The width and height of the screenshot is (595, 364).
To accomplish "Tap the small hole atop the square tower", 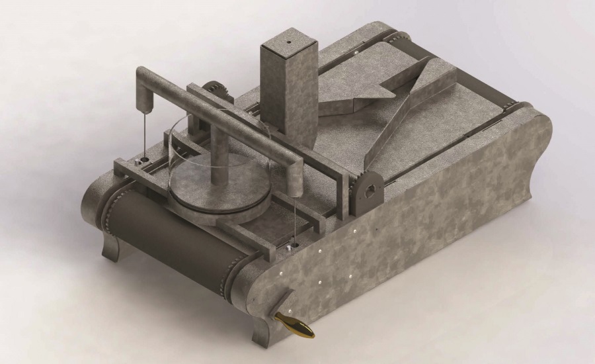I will [x=289, y=40].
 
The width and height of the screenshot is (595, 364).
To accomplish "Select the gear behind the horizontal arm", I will [x=214, y=92].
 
